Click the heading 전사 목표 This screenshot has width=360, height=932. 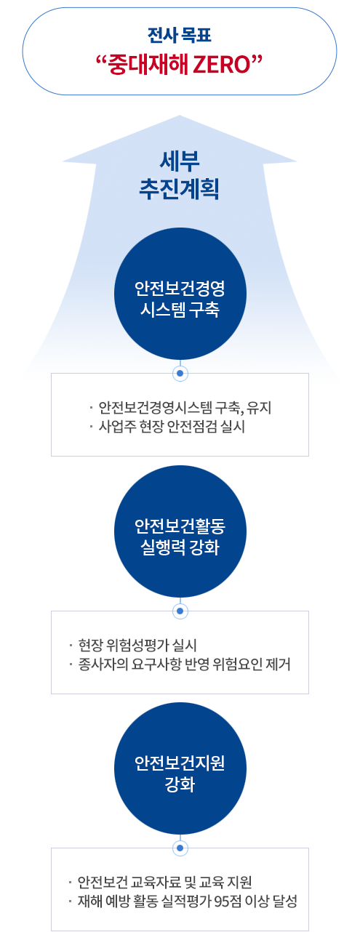tap(180, 35)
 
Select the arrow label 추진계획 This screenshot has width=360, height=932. tap(179, 188)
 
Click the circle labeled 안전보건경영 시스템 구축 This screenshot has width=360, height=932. tap(180, 294)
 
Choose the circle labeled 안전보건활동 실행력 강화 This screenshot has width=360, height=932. tap(180, 531)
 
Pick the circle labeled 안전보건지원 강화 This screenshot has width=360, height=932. tap(180, 768)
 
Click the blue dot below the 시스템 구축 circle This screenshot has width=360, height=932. tap(180, 373)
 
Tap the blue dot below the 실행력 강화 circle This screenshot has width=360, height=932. tap(180, 611)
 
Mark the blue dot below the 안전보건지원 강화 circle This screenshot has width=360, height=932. tap(180, 848)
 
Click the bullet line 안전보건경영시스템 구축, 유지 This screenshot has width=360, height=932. tap(185, 407)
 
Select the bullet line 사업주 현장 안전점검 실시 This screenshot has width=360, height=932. tap(172, 427)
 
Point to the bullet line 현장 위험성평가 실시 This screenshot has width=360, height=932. tap(137, 645)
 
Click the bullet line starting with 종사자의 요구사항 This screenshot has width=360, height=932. tap(185, 664)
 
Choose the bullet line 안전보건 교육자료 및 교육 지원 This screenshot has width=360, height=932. tap(165, 882)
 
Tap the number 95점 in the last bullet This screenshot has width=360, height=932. tap(226, 901)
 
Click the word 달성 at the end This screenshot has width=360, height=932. tap(285, 901)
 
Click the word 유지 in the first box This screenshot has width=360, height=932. tap(260, 407)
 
